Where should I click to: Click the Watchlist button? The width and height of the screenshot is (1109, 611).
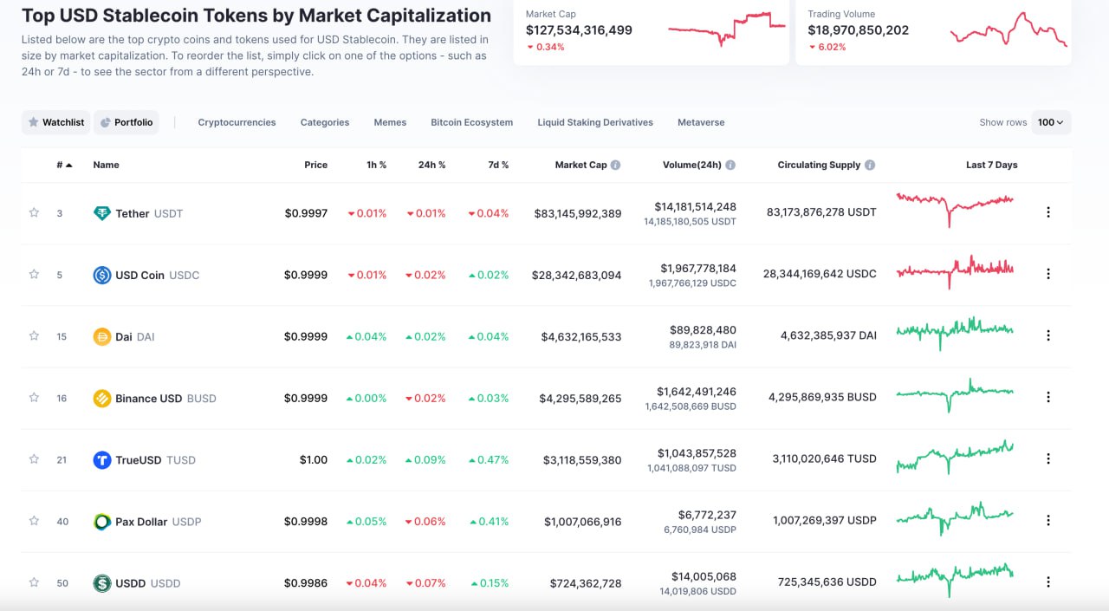[56, 122]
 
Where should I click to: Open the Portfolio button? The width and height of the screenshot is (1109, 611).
[126, 122]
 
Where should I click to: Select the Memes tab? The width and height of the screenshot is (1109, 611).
[390, 122]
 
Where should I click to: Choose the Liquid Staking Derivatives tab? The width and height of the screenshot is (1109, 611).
[595, 122]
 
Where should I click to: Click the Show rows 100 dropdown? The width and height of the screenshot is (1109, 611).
[1051, 122]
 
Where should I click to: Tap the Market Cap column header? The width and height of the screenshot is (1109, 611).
[581, 165]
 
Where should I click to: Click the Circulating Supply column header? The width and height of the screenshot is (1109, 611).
[819, 165]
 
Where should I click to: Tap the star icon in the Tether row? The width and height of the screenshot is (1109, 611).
[34, 212]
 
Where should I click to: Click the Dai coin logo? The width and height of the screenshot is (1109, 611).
[102, 336]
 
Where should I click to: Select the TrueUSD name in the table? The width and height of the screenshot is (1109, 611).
[139, 460]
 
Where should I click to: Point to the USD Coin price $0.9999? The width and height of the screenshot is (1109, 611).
[306, 275]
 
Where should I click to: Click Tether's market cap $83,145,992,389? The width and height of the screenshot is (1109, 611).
[578, 213]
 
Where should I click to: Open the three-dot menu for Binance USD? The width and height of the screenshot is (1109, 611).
[1047, 397]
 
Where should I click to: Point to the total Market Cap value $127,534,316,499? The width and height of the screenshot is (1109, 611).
[579, 30]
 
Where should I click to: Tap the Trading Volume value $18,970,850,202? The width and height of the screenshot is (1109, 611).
[858, 30]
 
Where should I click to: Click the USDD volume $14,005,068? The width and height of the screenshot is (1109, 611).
[704, 576]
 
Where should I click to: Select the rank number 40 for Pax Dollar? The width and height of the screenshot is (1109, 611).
[62, 522]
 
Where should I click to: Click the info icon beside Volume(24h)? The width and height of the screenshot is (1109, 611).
[730, 165]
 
